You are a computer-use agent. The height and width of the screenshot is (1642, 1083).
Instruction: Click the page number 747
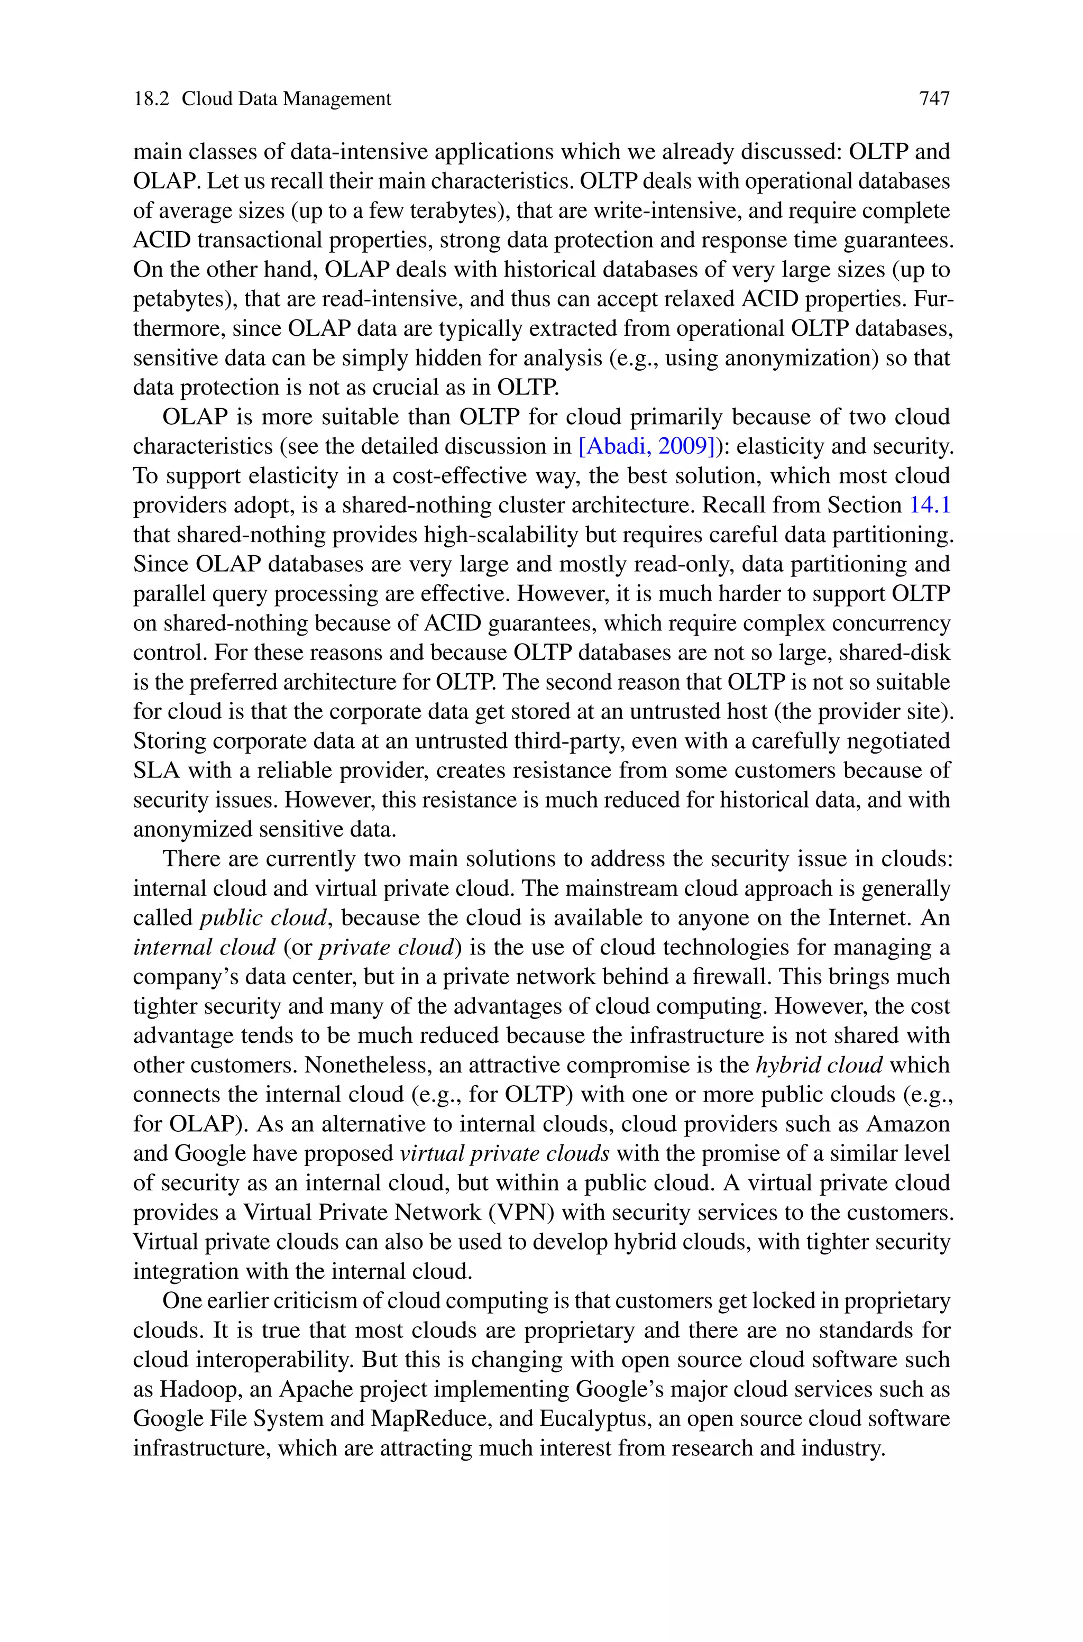pyautogui.click(x=934, y=99)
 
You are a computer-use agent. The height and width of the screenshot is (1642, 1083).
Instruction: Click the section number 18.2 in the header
pyautogui.click(x=151, y=99)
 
